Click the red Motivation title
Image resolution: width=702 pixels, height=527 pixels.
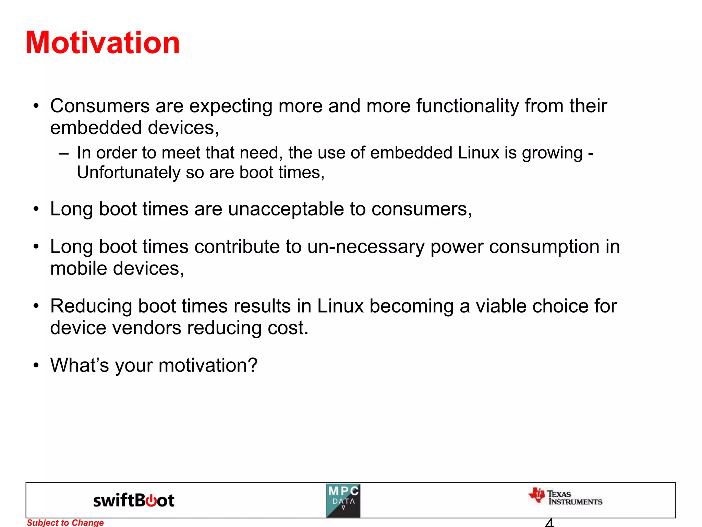(102, 43)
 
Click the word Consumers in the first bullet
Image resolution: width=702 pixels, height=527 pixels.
(100, 106)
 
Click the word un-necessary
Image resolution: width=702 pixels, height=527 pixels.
(366, 247)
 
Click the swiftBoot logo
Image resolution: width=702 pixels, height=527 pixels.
(134, 501)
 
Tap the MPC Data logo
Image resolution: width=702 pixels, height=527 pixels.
(343, 501)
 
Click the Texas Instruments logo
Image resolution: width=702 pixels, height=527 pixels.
(566, 497)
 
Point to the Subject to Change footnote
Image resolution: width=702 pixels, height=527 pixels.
(65, 523)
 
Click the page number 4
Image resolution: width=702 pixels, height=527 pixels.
(549, 523)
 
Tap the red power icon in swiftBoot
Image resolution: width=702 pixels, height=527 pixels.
(151, 501)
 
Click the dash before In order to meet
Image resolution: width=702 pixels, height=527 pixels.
(63, 153)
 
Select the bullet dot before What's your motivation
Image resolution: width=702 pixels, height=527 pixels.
(36, 365)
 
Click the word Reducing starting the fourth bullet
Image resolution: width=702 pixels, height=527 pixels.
(91, 306)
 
